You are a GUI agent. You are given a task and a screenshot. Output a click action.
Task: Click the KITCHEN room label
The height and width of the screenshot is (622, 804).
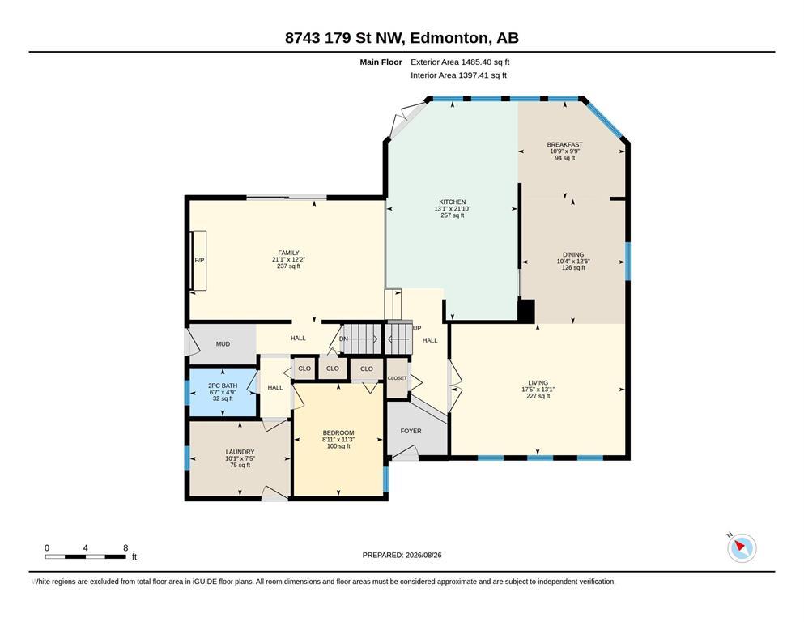tap(453, 202)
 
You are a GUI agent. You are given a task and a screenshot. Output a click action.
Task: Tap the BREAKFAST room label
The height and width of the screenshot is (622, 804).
tap(564, 145)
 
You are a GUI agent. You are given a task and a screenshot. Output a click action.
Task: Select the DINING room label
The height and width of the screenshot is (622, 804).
tap(573, 254)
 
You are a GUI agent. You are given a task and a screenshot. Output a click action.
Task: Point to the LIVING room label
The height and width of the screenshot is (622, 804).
tap(538, 382)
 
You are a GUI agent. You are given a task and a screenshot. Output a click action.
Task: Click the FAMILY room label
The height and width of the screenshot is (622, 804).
tap(289, 253)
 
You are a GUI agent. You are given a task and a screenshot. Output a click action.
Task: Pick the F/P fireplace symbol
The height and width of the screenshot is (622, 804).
tap(198, 261)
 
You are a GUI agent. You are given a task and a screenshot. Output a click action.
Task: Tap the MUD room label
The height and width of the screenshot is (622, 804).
tap(223, 344)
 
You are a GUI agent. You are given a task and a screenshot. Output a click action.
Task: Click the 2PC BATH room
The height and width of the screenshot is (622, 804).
tap(223, 392)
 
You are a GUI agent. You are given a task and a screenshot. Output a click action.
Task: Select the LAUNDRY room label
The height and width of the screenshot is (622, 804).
tap(240, 452)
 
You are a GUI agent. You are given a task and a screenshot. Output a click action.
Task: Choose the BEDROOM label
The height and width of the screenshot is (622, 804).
tap(338, 432)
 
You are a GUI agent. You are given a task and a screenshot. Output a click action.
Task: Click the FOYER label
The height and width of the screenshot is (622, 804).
tap(411, 431)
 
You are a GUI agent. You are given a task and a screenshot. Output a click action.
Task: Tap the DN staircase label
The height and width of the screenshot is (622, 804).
tap(343, 339)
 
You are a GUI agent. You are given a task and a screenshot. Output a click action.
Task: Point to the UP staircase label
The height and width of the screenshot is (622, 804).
tap(417, 328)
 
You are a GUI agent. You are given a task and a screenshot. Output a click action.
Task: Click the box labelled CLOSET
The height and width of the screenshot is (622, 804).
tap(398, 378)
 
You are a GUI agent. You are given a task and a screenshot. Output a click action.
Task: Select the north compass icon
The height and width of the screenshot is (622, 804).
tap(741, 547)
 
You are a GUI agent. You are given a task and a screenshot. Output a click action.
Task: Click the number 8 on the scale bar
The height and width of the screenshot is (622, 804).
tap(125, 547)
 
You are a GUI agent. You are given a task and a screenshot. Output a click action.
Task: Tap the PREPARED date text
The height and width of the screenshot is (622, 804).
tap(402, 555)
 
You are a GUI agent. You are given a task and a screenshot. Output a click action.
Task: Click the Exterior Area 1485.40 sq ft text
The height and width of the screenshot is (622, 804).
tap(460, 62)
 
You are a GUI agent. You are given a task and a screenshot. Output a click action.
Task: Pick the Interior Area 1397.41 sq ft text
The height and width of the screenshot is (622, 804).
tap(458, 75)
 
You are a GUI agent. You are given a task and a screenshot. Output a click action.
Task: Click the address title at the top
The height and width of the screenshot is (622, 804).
tap(402, 38)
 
